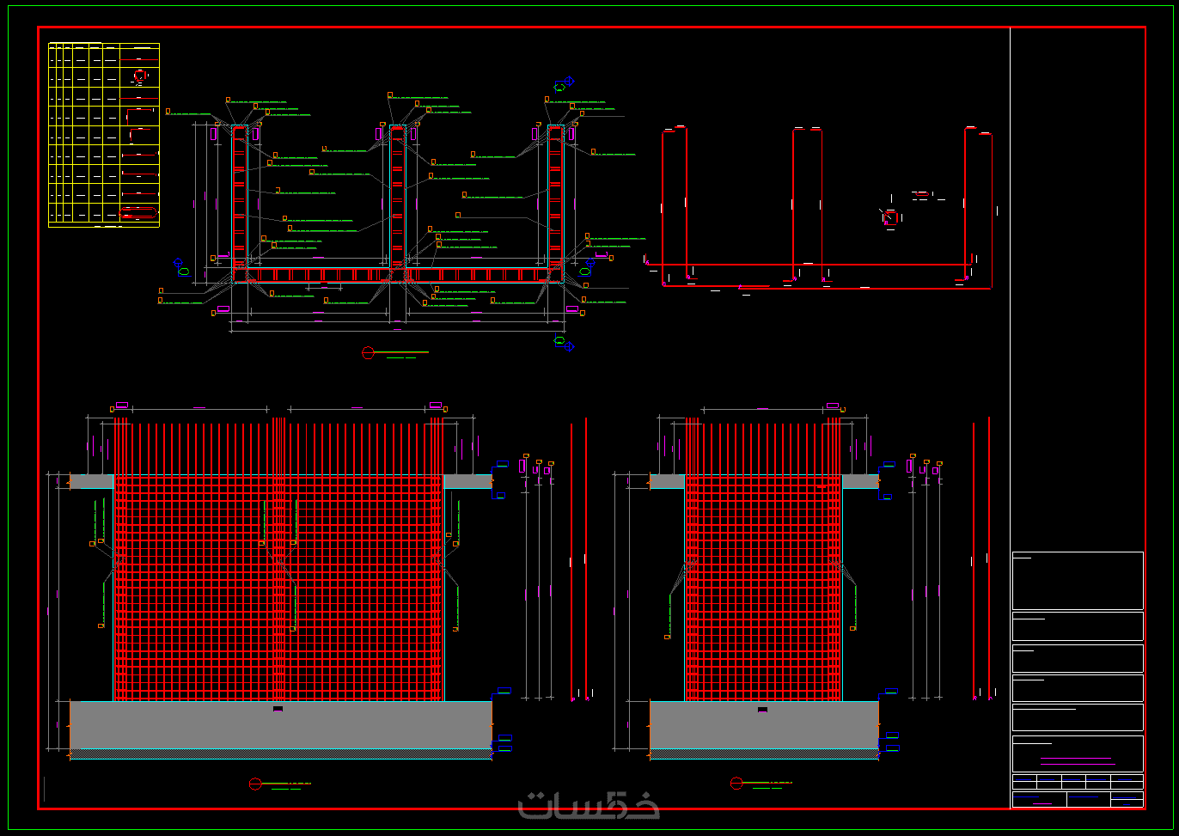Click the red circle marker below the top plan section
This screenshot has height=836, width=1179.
pos(369,352)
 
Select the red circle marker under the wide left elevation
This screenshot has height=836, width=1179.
pos(255,784)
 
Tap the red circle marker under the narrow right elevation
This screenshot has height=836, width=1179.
pos(736,784)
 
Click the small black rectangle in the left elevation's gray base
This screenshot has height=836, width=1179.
pos(278,709)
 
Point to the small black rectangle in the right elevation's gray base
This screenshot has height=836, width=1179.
pos(762,710)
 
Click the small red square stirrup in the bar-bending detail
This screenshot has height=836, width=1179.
pos(891,217)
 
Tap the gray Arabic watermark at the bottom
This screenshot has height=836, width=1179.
pos(589,804)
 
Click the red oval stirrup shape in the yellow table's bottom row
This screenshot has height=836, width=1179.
pos(138,212)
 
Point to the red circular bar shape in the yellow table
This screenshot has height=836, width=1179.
pos(139,76)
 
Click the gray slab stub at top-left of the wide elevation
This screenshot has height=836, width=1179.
pos(92,481)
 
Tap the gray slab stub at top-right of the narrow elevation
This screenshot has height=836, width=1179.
pos(860,481)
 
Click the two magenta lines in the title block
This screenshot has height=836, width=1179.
pos(1076,760)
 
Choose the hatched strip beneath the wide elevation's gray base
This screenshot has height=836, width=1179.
pos(281,754)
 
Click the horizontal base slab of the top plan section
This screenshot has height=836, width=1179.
pos(398,275)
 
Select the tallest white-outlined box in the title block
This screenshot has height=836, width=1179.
pos(1078,581)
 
